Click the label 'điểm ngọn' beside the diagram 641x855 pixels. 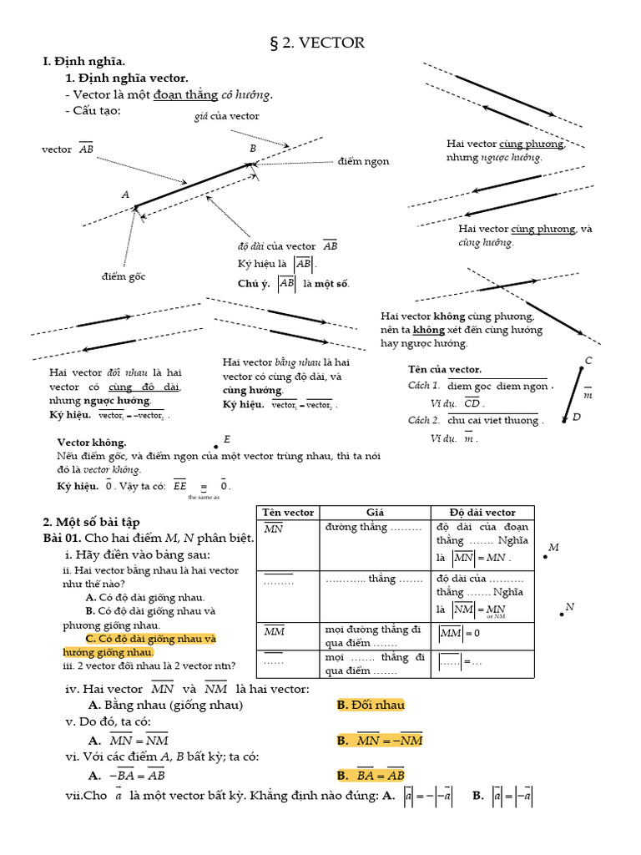[364, 161]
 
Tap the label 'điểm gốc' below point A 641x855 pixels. [124, 276]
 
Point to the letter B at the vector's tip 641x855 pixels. [253, 149]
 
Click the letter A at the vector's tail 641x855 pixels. [126, 195]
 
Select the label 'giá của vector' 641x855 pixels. [226, 116]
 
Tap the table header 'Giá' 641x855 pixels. [375, 512]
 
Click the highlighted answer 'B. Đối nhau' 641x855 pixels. [371, 705]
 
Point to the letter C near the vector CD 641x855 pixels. [588, 361]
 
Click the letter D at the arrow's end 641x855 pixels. [576, 417]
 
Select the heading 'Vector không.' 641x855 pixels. [92, 442]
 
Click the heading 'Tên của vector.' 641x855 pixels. [445, 369]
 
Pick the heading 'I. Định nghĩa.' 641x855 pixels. [83, 62]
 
